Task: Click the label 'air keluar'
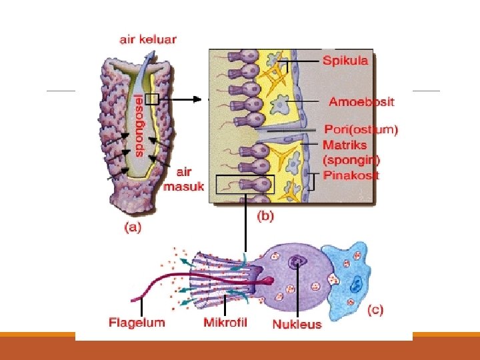pos(148,39)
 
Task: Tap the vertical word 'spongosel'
pos(139,125)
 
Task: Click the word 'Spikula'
pos(345,61)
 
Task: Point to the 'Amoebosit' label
pos(361,102)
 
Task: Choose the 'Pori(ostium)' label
pos(361,130)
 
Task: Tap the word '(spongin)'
pos(351,160)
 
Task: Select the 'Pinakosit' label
pos(351,175)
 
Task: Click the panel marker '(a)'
pos(134,227)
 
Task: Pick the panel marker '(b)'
pos(265,216)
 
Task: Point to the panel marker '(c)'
pos(375,310)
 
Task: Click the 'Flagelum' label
pos(137,323)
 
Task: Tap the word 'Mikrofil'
pos(225,323)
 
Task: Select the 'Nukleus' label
pos(297,325)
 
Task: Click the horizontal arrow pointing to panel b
pos(183,99)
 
